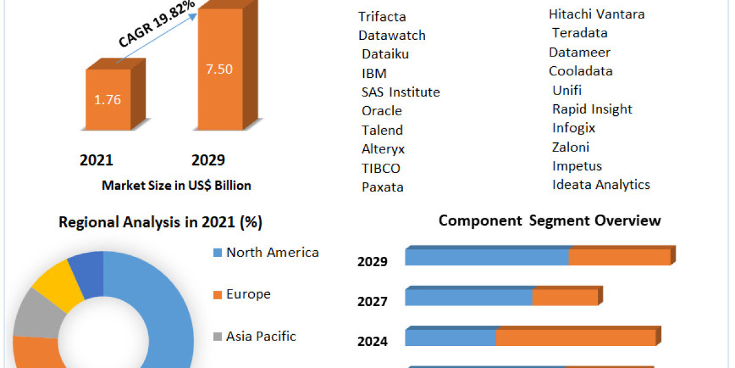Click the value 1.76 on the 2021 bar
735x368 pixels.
[x=107, y=100]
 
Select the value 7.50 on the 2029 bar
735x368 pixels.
[x=218, y=69]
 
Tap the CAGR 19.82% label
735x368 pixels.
[x=157, y=25]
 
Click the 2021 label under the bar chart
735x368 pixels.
[x=96, y=161]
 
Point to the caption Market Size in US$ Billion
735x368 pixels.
[x=176, y=185]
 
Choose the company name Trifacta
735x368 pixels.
[x=382, y=17]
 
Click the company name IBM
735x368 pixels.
[x=374, y=74]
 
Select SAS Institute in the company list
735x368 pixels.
[x=401, y=93]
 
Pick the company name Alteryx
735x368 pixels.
[x=383, y=149]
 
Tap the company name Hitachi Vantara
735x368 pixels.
[x=597, y=14]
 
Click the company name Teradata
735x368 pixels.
[x=579, y=33]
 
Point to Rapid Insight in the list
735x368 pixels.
[x=592, y=109]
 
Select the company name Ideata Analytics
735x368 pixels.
[x=601, y=185]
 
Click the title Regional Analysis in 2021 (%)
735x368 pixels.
[x=160, y=223]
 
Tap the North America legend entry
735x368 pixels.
[x=272, y=252]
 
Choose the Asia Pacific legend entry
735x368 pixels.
[x=261, y=336]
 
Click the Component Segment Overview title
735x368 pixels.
[x=549, y=221]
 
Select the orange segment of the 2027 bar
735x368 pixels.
[x=564, y=297]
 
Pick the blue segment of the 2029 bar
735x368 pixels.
[x=486, y=258]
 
